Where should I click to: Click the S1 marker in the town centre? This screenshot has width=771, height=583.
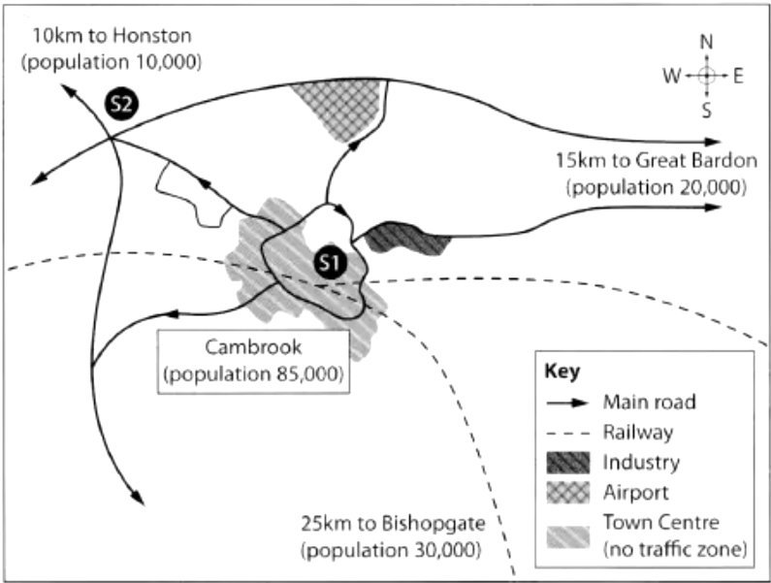[x=330, y=261]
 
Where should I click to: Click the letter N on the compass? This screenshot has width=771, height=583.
[x=706, y=43]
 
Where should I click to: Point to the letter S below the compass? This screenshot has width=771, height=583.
[x=706, y=110]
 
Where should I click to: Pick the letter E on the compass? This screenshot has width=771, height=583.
[x=738, y=77]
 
